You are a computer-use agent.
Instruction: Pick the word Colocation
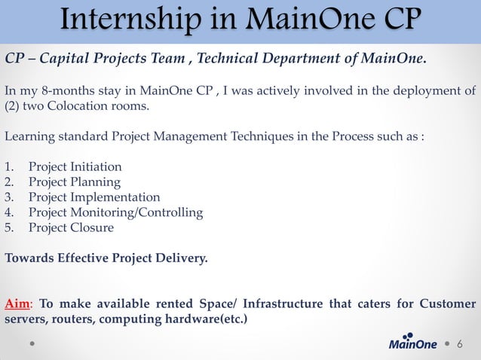click(x=81, y=105)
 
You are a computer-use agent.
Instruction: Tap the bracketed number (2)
click(x=13, y=105)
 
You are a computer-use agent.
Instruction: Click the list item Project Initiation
click(x=75, y=166)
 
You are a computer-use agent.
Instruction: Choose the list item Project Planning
click(x=74, y=182)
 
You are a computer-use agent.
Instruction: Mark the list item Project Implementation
click(x=94, y=197)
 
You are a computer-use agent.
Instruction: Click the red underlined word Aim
click(x=17, y=304)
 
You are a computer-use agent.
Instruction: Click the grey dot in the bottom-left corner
click(x=32, y=343)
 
